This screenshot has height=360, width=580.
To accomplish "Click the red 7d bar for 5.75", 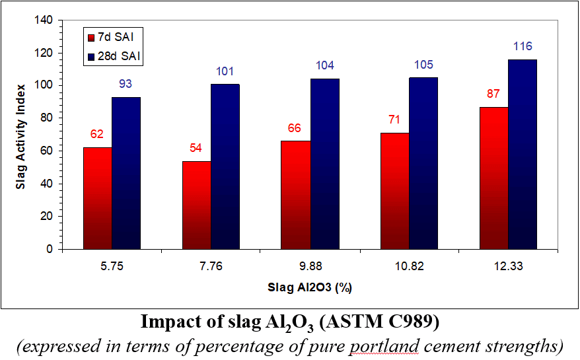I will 97,198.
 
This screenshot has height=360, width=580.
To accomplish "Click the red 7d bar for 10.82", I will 394,191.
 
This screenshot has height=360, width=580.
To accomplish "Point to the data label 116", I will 522,47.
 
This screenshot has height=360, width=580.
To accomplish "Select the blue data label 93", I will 126,85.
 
